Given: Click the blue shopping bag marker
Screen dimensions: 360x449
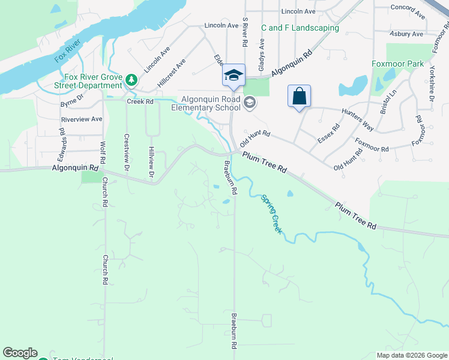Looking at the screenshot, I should coord(299,96).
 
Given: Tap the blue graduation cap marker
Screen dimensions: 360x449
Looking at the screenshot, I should coord(233,76).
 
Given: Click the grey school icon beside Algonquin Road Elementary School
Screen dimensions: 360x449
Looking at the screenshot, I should coord(250,103).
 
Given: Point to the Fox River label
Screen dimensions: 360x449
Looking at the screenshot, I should coord(67,55).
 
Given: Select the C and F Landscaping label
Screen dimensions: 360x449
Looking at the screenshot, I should coord(300,28).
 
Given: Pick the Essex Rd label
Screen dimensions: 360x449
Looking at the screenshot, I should coord(328,134).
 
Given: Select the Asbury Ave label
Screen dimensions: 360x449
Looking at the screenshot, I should coord(407,34).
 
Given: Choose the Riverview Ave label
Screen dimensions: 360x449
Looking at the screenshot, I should coord(81,119).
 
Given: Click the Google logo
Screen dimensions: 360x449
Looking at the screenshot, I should coord(20,353).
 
